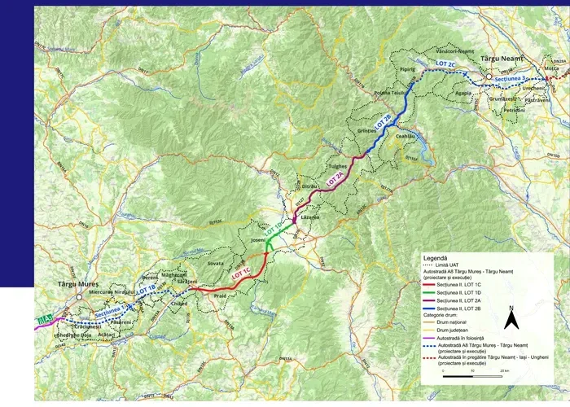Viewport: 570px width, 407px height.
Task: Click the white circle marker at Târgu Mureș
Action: point(77,296)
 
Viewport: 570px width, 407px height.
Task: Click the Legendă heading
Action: point(433,257)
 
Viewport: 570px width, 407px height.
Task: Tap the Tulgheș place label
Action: point(337,164)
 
